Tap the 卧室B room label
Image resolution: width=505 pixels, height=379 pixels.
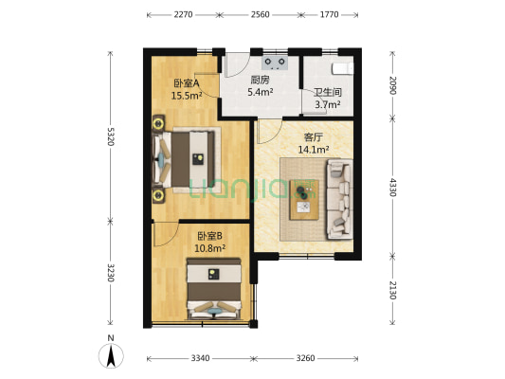[209, 236]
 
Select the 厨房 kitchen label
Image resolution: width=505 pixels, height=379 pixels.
[261, 81]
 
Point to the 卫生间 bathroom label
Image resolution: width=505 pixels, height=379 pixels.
[328, 93]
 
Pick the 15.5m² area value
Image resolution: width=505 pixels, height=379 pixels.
[188, 96]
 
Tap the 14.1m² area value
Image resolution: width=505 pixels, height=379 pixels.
[313, 149]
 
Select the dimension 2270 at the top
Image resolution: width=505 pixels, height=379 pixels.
[184, 15]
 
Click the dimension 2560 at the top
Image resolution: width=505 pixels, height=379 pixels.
[261, 15]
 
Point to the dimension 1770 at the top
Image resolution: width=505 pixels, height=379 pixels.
[329, 15]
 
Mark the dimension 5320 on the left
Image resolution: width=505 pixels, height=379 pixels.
[111, 136]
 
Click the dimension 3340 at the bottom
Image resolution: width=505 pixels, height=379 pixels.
[199, 358]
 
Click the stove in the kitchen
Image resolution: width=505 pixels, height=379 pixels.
[277, 63]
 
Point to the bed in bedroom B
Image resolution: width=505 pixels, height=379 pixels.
[219, 292]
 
